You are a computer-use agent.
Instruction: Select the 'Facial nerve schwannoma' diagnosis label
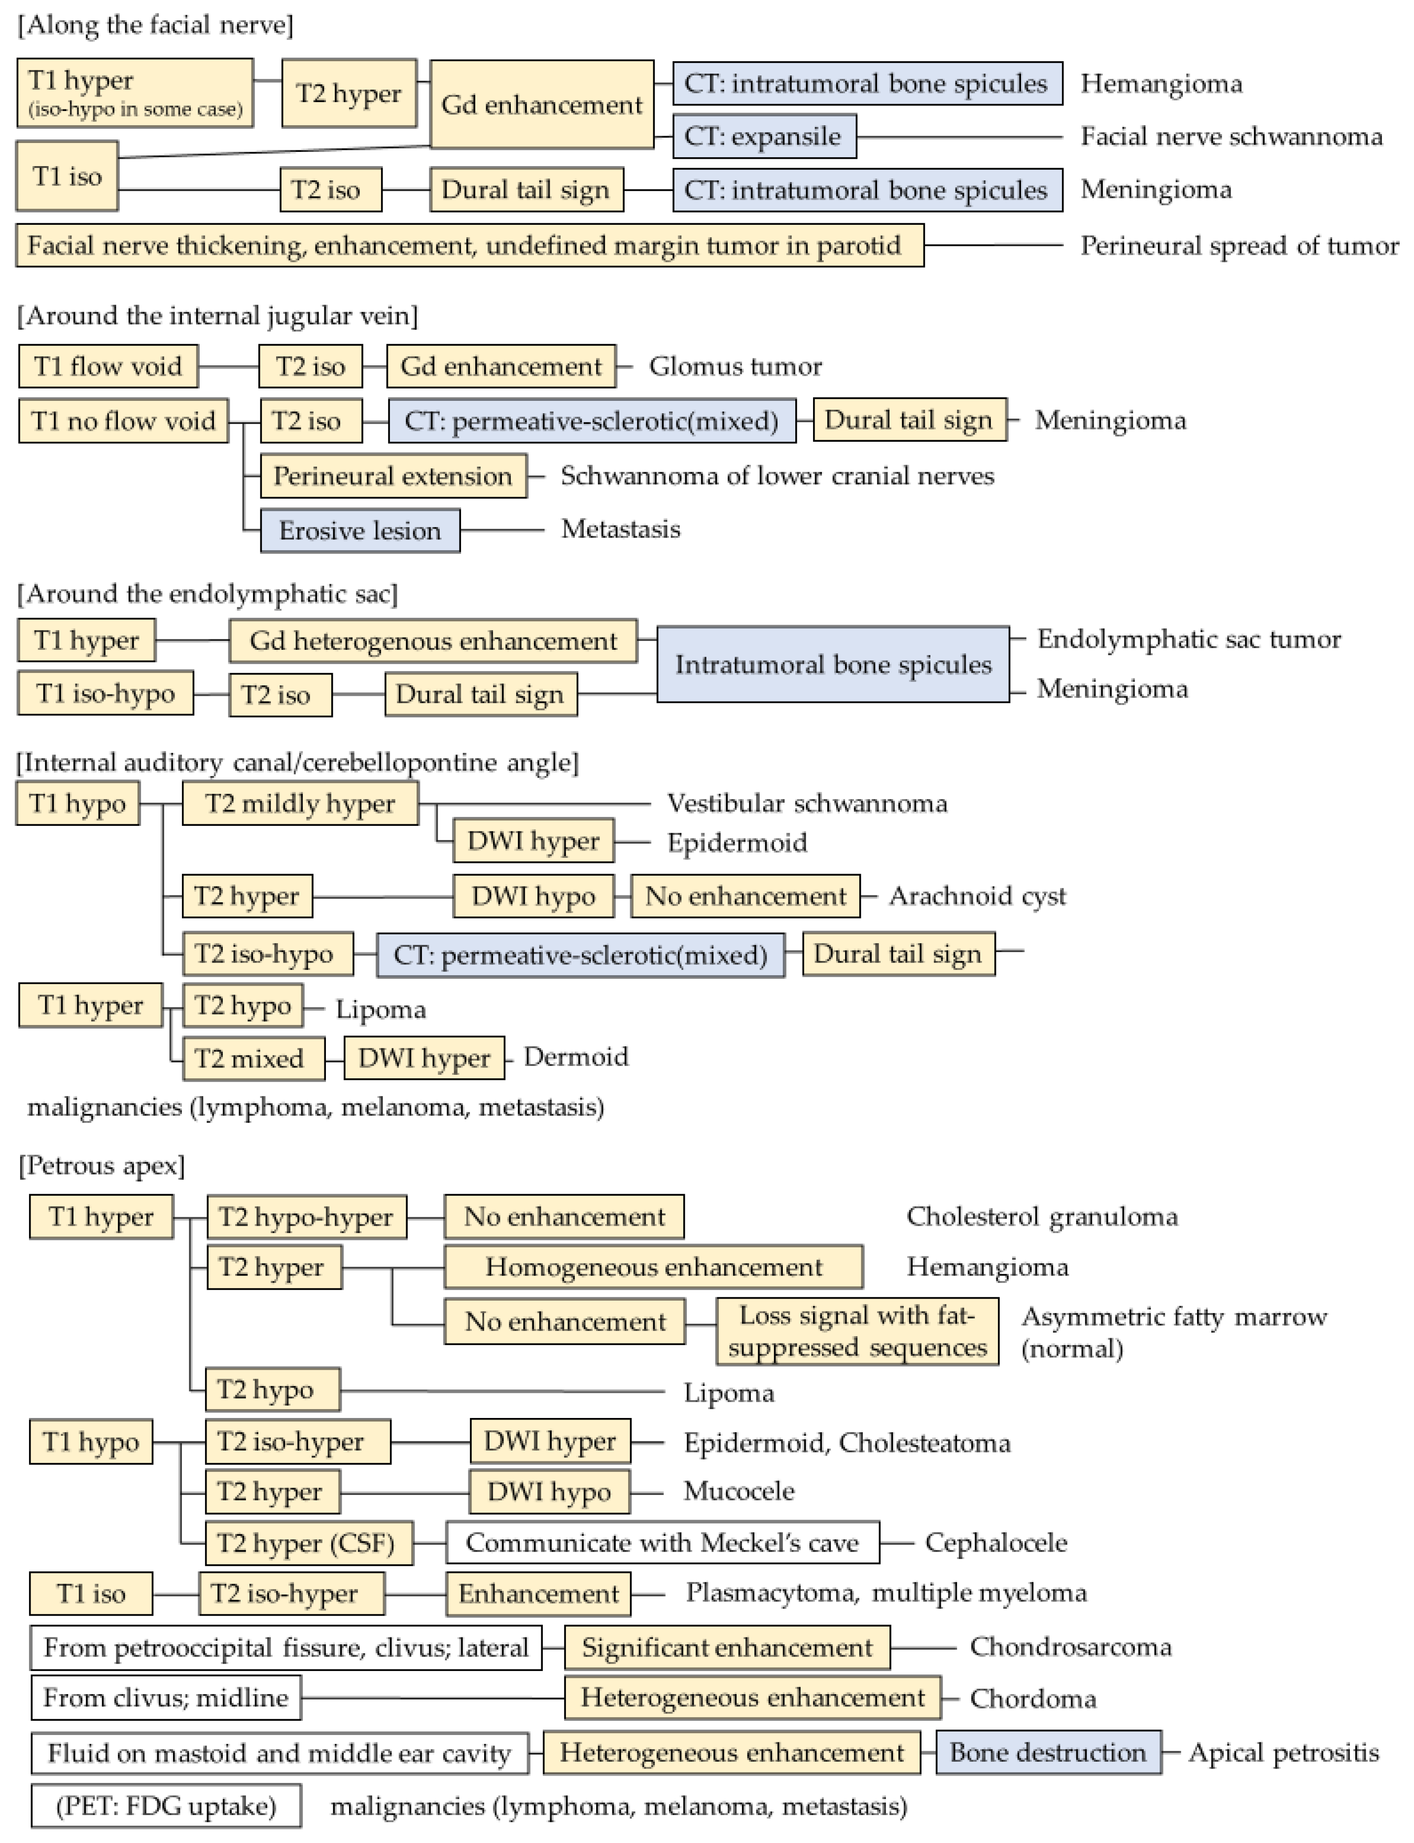1231,137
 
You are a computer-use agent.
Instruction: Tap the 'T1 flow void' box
108,366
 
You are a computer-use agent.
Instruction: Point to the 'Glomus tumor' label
735,366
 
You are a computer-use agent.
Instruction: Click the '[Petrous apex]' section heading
101,1166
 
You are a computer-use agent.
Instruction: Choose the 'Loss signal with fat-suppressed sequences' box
857,1331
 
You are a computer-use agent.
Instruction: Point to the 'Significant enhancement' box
726,1647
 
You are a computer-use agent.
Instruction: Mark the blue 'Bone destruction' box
1048,1752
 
